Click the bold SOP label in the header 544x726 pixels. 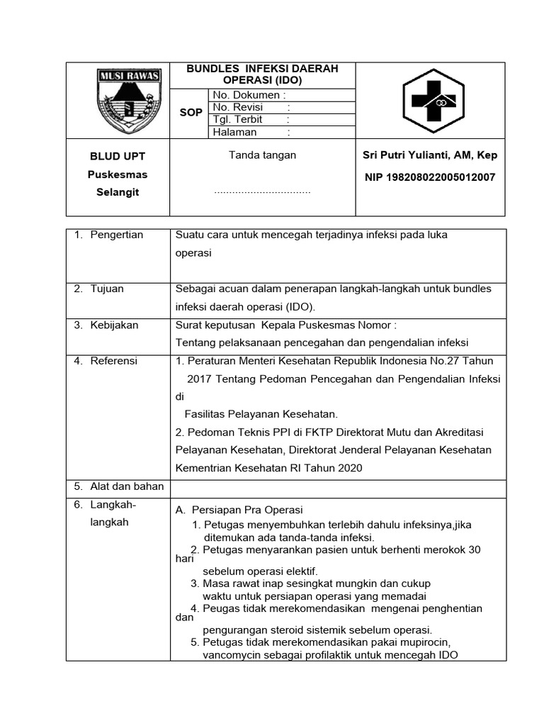point(191,113)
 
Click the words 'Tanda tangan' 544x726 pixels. point(262,155)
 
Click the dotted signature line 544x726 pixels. point(262,191)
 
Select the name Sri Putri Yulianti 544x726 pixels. point(429,155)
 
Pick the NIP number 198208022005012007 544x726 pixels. point(429,177)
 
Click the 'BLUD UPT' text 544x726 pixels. point(118,156)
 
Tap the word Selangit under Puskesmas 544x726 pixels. point(118,193)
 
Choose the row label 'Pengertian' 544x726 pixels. point(116,235)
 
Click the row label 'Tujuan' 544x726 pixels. point(107,289)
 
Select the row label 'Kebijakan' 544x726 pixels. point(114,325)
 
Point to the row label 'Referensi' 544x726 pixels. point(114,361)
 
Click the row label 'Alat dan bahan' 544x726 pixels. point(127,486)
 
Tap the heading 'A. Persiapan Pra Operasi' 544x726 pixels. point(239,510)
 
